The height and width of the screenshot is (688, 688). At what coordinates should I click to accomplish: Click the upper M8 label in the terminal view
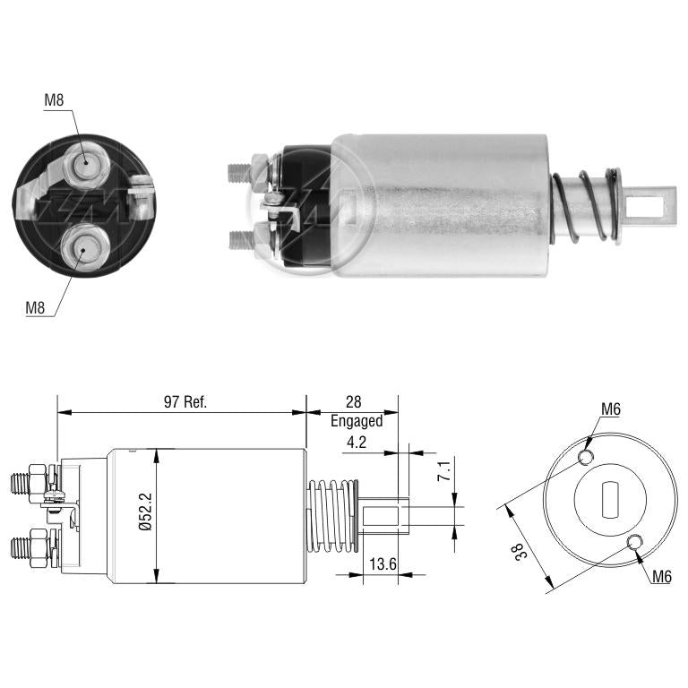pyautogui.click(x=54, y=100)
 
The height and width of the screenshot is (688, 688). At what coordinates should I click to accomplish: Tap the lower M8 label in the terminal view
pyautogui.click(x=35, y=307)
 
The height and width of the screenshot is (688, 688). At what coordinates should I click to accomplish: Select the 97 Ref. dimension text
pyautogui.click(x=185, y=401)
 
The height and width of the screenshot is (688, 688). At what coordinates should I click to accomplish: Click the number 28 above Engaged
pyautogui.click(x=353, y=401)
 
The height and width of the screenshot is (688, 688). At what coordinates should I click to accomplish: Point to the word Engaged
pyautogui.click(x=357, y=421)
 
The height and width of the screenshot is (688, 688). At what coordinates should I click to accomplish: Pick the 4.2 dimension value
pyautogui.click(x=357, y=442)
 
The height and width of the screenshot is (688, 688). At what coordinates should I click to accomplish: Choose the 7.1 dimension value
pyautogui.click(x=444, y=471)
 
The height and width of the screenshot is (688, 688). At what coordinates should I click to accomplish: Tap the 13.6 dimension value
pyautogui.click(x=383, y=563)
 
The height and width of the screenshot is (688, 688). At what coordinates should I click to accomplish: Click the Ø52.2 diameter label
pyautogui.click(x=145, y=512)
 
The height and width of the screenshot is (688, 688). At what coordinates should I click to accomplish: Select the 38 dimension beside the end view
pyautogui.click(x=520, y=552)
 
